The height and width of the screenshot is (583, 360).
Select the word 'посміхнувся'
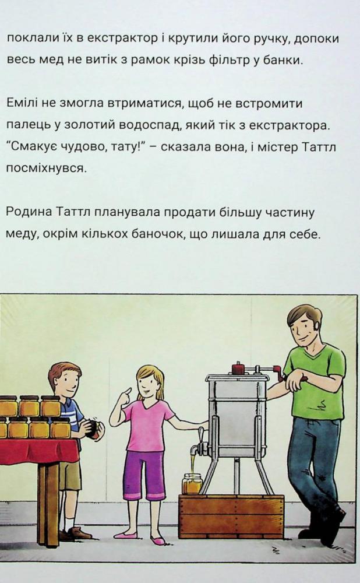45,169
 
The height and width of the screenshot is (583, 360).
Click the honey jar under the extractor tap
192,484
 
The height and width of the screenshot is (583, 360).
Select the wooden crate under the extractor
231,517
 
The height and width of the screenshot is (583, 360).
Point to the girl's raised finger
128,391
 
